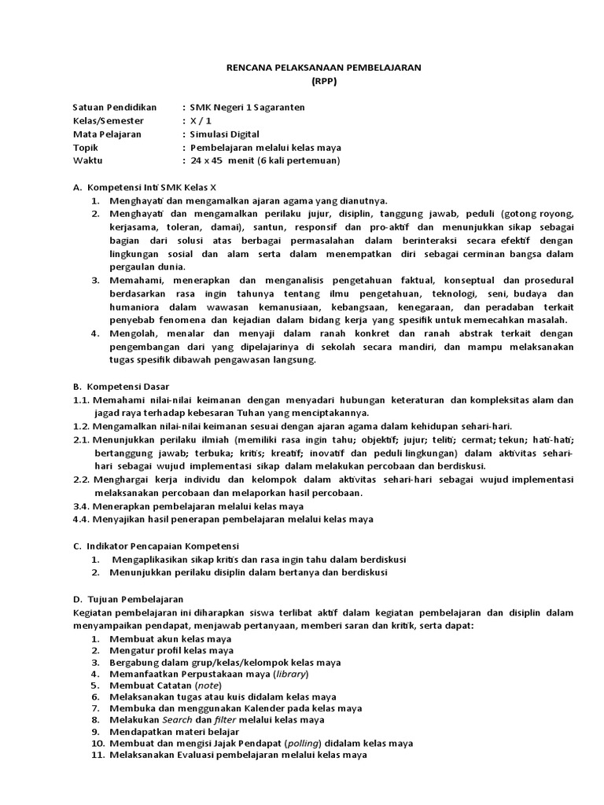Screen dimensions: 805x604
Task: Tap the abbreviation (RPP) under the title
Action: point(322,81)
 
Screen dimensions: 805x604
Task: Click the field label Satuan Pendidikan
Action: point(115,108)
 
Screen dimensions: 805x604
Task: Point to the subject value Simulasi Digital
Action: point(230,134)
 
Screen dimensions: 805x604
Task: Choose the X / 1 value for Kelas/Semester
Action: point(201,121)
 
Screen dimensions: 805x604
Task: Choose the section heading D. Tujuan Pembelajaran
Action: point(127,598)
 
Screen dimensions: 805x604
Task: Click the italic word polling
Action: point(289,743)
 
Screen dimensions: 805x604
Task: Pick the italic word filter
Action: point(225,719)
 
